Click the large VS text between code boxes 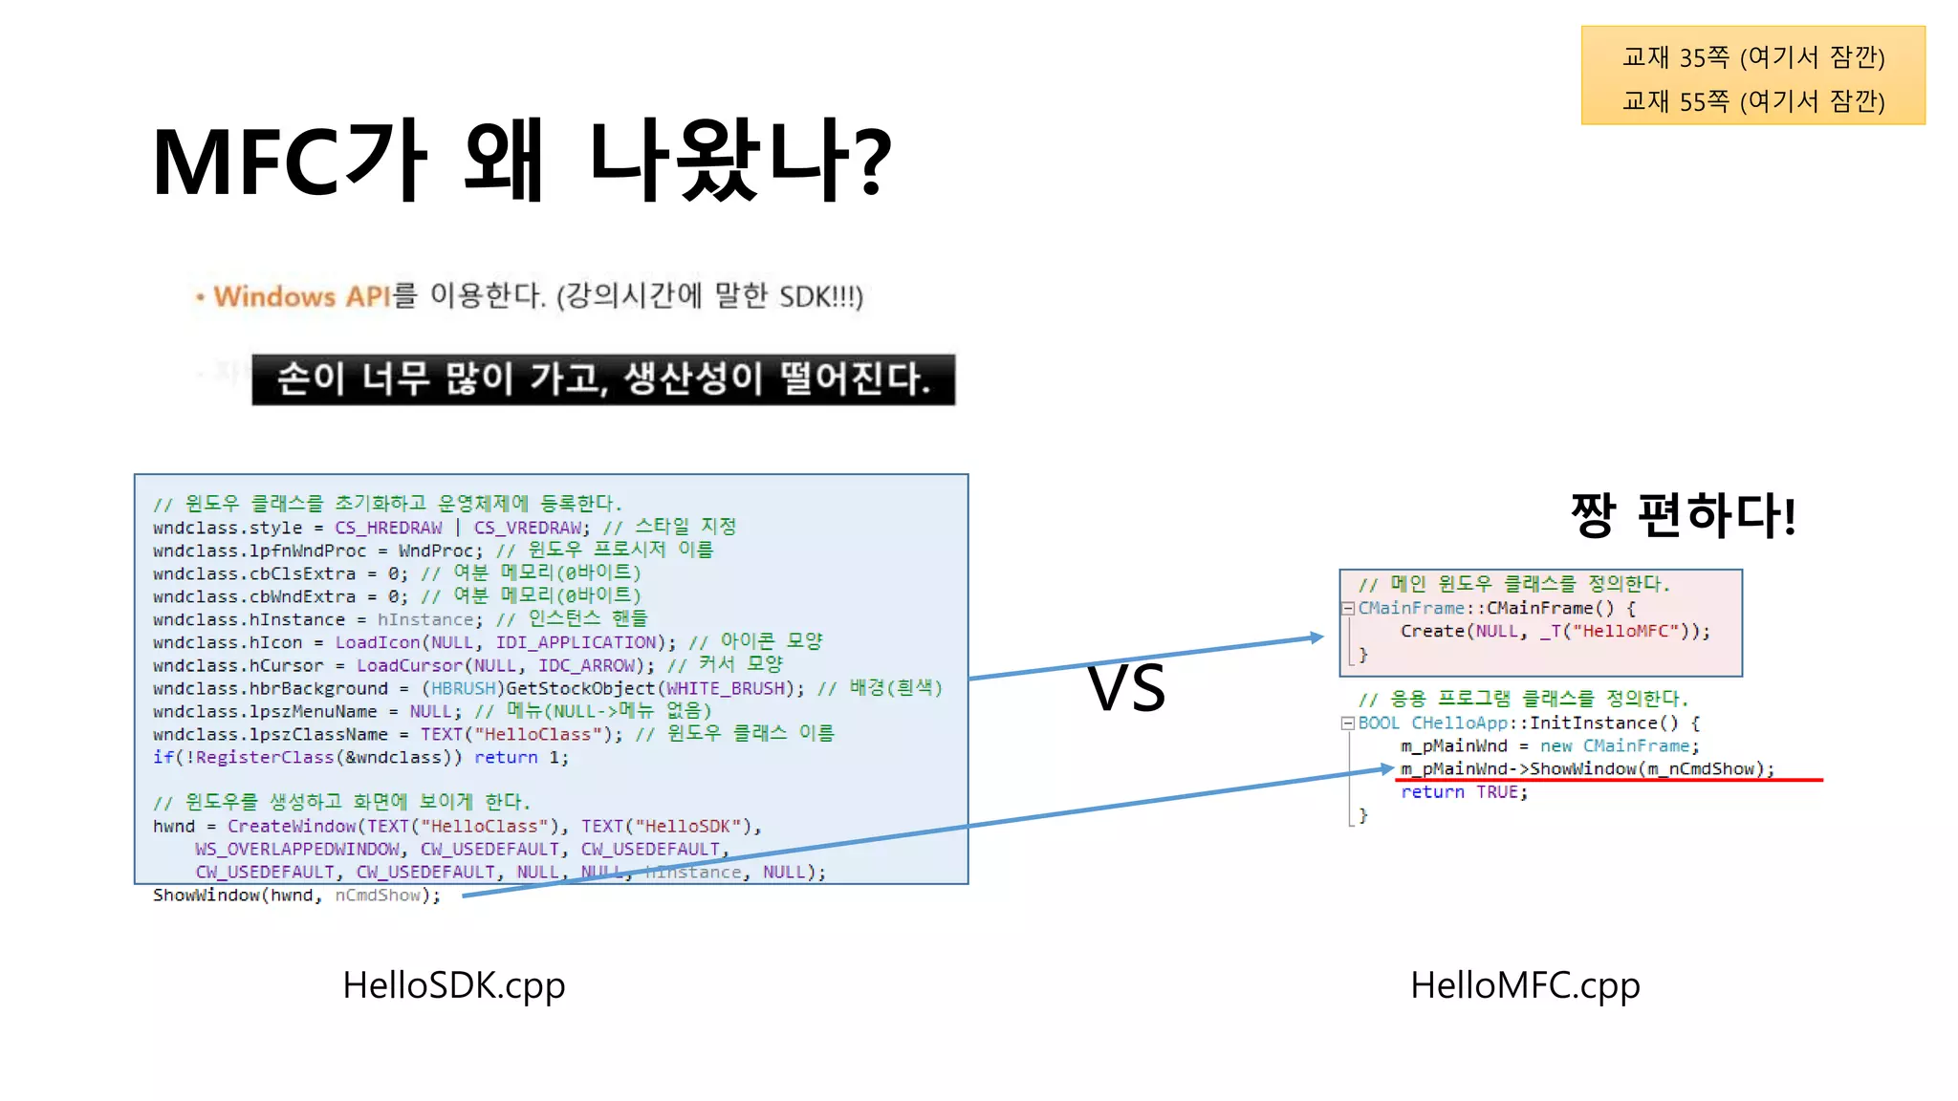click(x=1126, y=688)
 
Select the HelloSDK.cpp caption click(x=453, y=985)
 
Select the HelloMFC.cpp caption click(x=1525, y=985)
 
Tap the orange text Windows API click(x=301, y=296)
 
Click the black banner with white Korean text click(x=603, y=379)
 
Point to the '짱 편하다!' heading click(x=1683, y=516)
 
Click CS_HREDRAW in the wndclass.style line click(x=388, y=528)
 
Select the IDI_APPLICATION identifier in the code click(x=576, y=642)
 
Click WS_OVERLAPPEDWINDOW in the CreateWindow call click(x=297, y=849)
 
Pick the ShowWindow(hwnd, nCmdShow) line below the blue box click(x=296, y=896)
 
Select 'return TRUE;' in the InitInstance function click(x=1464, y=791)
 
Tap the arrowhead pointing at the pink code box click(x=1317, y=637)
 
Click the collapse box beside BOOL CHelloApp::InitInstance click(x=1347, y=723)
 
